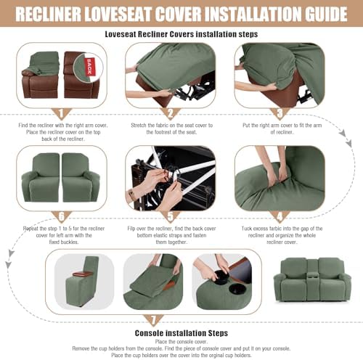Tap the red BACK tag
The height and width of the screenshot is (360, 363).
coord(89,67)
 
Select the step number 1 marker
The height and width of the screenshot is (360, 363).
coord(62,114)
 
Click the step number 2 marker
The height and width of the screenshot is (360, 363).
coord(171,114)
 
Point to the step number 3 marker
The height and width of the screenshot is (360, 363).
coord(280,114)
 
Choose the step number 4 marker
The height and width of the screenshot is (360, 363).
coord(280,217)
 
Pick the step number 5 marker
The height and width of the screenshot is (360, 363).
coord(171,217)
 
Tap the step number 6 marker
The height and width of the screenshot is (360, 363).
coord(62,217)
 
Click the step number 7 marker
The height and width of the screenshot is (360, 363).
coord(153,321)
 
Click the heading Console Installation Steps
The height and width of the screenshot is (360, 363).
coord(181,333)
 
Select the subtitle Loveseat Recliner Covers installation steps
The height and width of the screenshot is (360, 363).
coord(181,34)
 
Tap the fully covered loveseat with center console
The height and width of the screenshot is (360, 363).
coord(312,279)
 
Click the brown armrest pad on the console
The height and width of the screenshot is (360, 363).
coord(83,274)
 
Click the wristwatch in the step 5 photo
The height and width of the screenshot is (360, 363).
coord(133,195)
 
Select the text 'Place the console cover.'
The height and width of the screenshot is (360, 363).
coord(181,342)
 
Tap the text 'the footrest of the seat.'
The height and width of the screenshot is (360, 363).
coord(171,132)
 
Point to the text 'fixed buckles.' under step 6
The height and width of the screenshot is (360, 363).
coord(64,242)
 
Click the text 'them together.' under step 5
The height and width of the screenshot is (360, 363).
coord(171,242)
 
